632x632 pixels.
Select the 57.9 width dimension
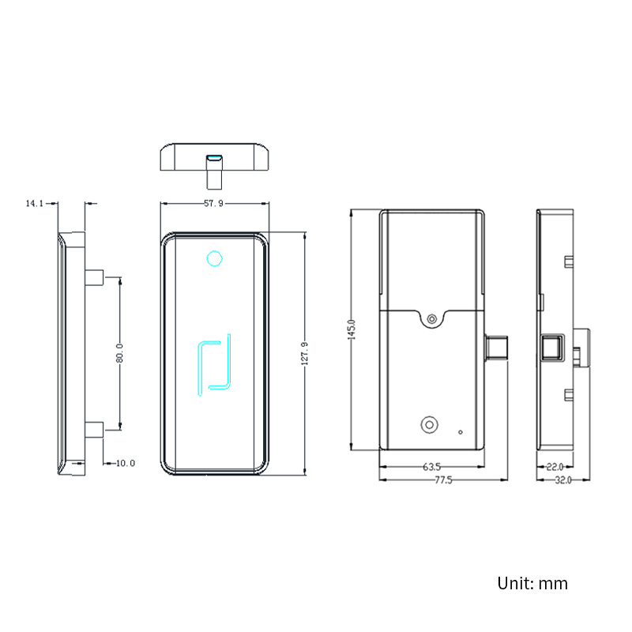(213, 204)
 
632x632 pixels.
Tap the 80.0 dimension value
(119, 353)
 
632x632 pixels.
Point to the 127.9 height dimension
(305, 353)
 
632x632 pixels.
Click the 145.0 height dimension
(352, 329)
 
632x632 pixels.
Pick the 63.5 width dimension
(431, 468)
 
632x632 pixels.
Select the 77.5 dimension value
(442, 480)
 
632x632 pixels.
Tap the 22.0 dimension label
(554, 468)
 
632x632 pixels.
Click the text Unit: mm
(532, 584)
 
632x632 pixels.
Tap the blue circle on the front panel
(213, 258)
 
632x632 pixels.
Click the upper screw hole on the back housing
(431, 318)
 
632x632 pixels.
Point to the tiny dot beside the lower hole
(461, 432)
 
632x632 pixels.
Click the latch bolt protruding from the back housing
(497, 348)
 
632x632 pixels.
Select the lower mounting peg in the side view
(94, 430)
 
